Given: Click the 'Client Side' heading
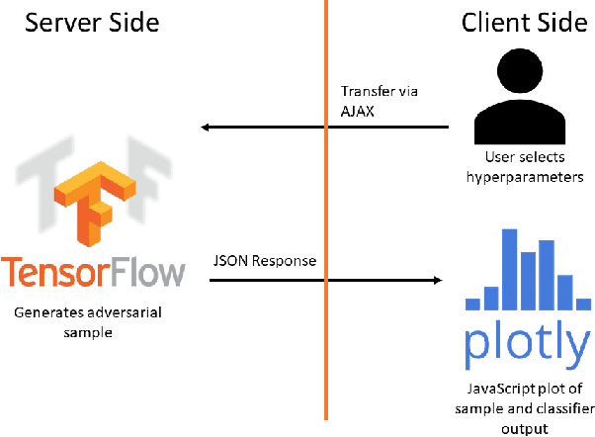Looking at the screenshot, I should (x=524, y=23).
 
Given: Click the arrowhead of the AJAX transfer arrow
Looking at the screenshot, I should (x=204, y=127).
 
